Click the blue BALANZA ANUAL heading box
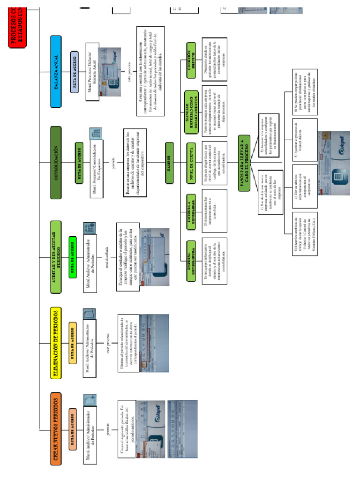pyautogui.click(x=56, y=72)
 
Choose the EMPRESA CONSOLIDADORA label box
pyautogui.click(x=192, y=261)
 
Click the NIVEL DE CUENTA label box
pyautogui.click(x=191, y=158)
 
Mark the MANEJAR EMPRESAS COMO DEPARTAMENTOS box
pyautogui.click(x=191, y=107)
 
